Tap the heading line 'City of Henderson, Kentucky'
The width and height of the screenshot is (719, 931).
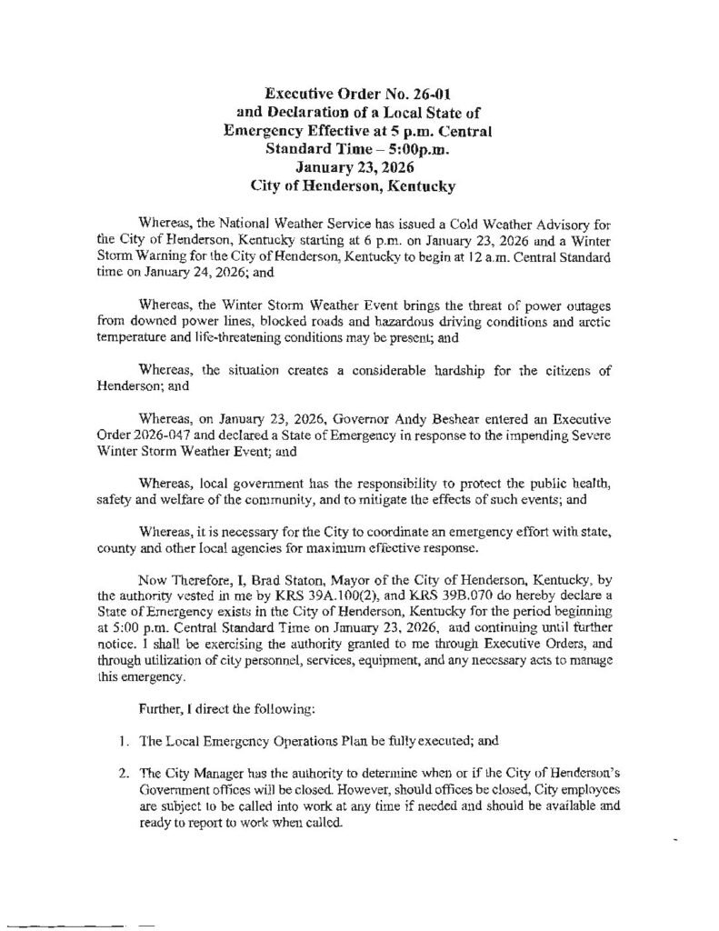[359, 185]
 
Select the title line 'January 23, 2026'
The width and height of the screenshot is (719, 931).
[359, 166]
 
